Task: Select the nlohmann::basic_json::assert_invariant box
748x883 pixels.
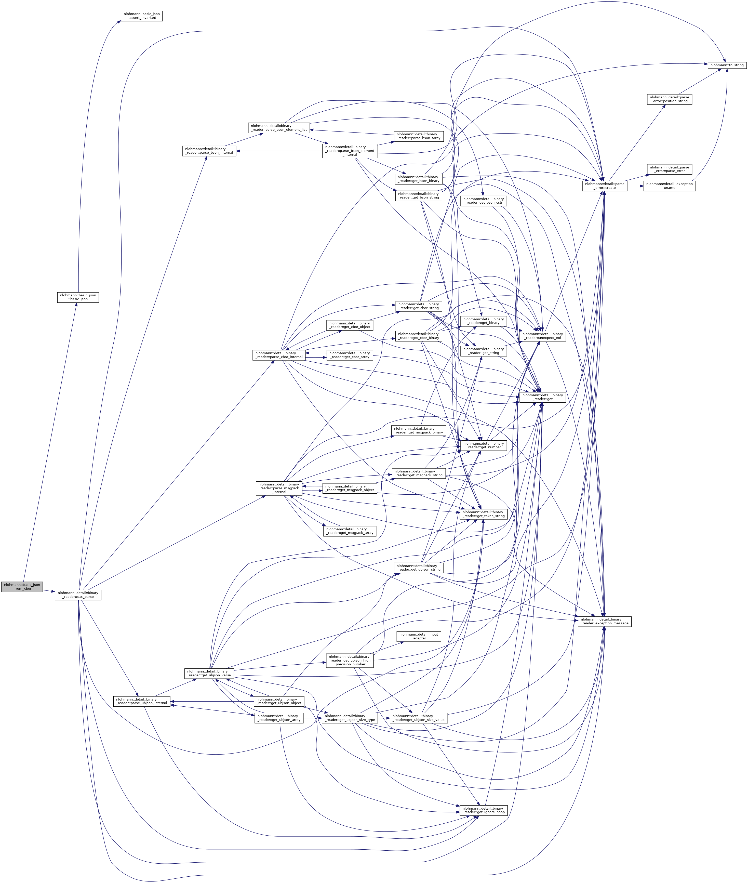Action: pyautogui.click(x=142, y=16)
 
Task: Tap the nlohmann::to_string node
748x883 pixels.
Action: pyautogui.click(x=727, y=65)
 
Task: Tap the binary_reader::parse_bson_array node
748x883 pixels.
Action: pyautogui.click(x=419, y=136)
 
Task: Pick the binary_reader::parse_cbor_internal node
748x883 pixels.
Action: pyautogui.click(x=278, y=355)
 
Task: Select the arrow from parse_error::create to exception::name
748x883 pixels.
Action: pyautogui.click(x=635, y=186)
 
